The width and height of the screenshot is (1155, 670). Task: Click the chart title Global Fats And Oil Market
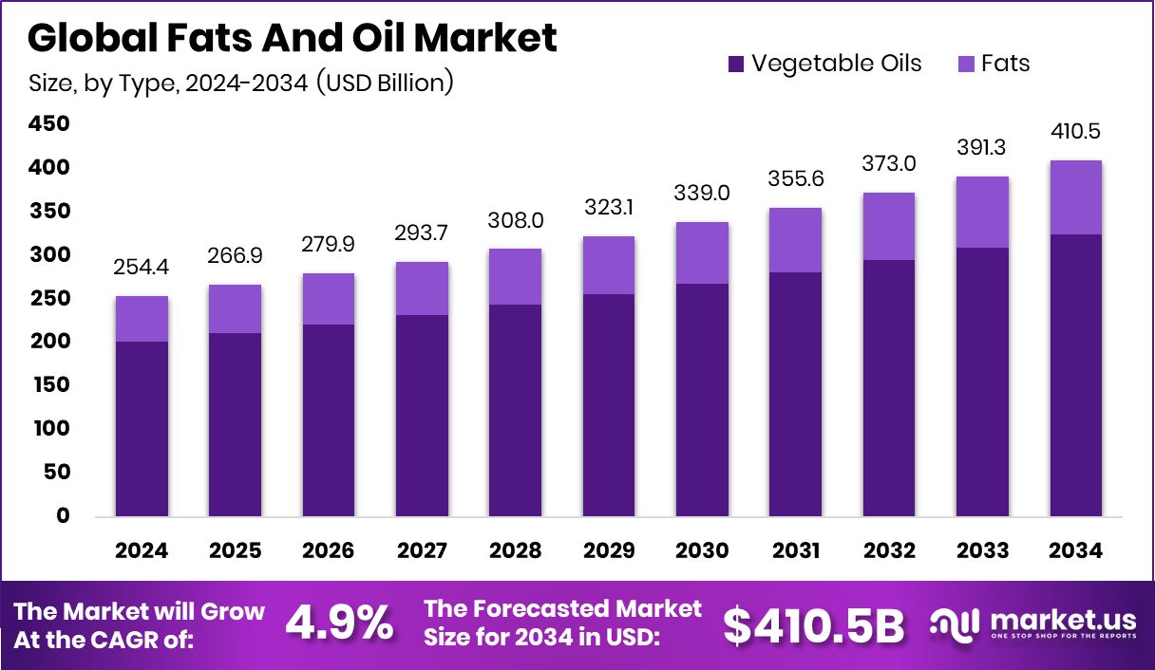[x=293, y=38]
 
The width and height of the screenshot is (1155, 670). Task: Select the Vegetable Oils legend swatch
[x=736, y=65]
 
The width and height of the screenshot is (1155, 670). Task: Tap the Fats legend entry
[x=1006, y=64]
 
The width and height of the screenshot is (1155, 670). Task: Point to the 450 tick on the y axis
[x=49, y=124]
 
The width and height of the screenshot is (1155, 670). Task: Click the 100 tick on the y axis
[x=49, y=429]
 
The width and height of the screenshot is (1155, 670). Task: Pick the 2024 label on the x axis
[x=142, y=551]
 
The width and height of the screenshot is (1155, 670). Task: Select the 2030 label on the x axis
[x=702, y=551]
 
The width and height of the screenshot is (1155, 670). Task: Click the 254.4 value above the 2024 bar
[x=142, y=269]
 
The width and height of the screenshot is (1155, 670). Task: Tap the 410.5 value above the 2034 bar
[x=1075, y=132]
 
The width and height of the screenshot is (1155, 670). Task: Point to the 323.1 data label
[x=609, y=208]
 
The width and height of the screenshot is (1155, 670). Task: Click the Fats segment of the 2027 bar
[x=423, y=288]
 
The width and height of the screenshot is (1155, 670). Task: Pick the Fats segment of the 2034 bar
[x=1075, y=197]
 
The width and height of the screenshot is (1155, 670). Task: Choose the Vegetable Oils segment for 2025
[x=236, y=424]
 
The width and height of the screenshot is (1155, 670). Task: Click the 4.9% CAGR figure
[x=339, y=623]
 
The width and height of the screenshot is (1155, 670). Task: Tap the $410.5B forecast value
[x=813, y=624]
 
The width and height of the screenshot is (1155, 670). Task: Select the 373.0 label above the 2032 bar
[x=888, y=164]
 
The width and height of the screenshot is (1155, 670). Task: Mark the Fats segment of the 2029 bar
[x=609, y=266]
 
